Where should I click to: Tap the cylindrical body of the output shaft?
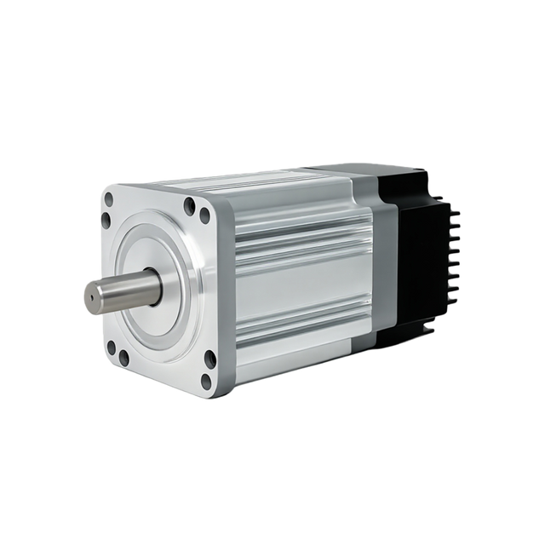coord(119,290)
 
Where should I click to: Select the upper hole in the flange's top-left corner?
coord(108,202)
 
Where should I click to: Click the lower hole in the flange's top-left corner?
coord(105,221)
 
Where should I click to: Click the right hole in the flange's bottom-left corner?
coord(124,359)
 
